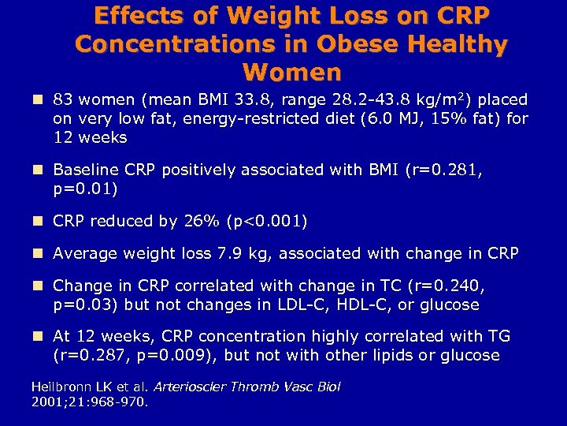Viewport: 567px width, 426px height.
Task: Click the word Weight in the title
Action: tap(261, 16)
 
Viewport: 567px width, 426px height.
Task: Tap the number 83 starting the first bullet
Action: tap(62, 100)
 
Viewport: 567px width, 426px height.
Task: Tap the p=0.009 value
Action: tap(167, 355)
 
